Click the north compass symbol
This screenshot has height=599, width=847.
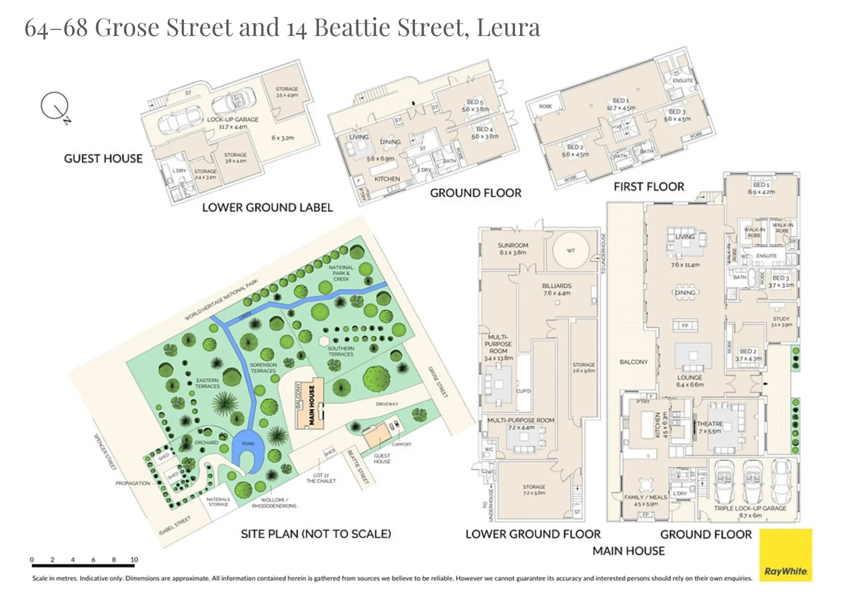[x=55, y=106]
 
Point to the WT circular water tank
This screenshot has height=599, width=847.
[x=570, y=251]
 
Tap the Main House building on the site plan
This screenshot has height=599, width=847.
[x=310, y=405]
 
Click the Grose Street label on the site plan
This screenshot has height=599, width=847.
[x=437, y=382]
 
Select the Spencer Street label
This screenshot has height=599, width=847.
[x=105, y=451]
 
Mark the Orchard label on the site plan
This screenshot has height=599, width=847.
[x=206, y=443]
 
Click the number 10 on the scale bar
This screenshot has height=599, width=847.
[x=134, y=560]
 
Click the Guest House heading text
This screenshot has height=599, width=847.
[x=103, y=159]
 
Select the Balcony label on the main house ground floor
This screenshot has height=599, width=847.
[x=633, y=362]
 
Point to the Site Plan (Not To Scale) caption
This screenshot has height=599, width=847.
[x=315, y=534]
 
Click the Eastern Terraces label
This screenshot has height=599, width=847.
[x=207, y=383]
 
